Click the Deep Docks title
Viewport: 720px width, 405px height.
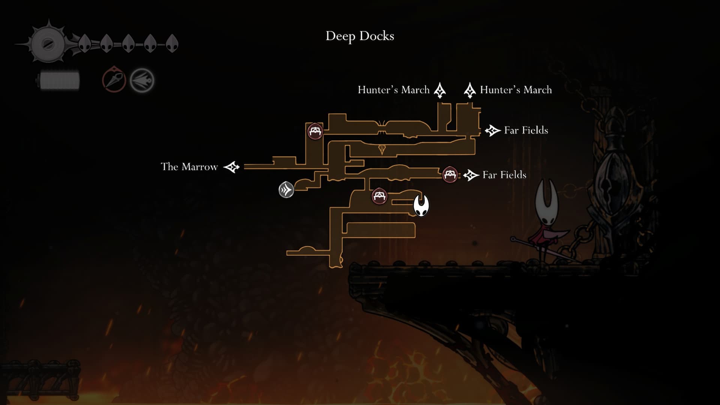click(x=360, y=36)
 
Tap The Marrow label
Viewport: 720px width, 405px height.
click(x=189, y=166)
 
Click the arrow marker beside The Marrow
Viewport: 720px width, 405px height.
click(x=231, y=167)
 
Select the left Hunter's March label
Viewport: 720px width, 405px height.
click(x=393, y=90)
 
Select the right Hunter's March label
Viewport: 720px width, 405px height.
click(x=516, y=90)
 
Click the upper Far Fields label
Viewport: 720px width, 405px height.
click(x=526, y=130)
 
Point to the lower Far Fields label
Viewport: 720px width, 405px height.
click(x=504, y=175)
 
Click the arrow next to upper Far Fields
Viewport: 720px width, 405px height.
click(x=492, y=130)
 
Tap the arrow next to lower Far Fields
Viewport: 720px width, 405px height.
click(x=471, y=175)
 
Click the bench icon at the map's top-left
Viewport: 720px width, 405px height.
click(x=315, y=132)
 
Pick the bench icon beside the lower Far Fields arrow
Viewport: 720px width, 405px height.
click(x=450, y=174)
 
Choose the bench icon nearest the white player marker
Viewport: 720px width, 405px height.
click(x=379, y=196)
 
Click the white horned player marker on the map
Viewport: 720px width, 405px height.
click(x=421, y=205)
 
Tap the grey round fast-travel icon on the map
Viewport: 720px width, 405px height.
click(x=286, y=190)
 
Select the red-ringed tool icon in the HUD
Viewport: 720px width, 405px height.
click(x=114, y=79)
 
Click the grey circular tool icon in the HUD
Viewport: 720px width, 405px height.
click(x=142, y=80)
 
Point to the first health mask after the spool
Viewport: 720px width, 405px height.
click(x=85, y=43)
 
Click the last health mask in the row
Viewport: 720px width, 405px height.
click(x=172, y=43)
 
